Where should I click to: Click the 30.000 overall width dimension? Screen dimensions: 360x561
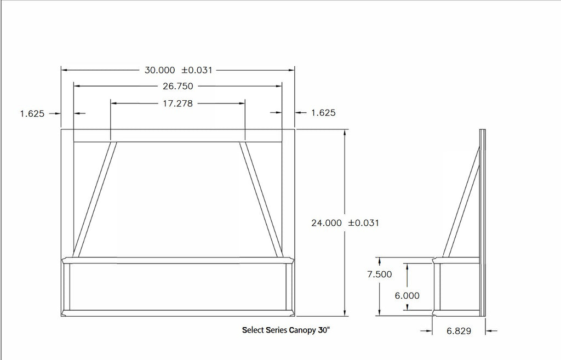pyautogui.click(x=159, y=70)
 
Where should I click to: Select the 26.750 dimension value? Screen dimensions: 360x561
pyautogui.click(x=178, y=86)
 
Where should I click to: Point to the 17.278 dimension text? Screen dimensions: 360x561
pyautogui.click(x=178, y=103)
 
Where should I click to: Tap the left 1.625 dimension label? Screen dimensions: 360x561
pyautogui.click(x=32, y=113)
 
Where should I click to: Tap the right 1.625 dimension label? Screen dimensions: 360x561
pyautogui.click(x=323, y=113)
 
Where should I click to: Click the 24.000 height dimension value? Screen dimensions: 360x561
pyautogui.click(x=327, y=223)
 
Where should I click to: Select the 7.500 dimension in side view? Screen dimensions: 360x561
pyautogui.click(x=380, y=275)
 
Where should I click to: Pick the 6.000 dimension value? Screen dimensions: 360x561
pyautogui.click(x=407, y=295)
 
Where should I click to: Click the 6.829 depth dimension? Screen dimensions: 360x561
pyautogui.click(x=459, y=331)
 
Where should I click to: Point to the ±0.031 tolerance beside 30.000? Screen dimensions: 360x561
pyautogui.click(x=197, y=70)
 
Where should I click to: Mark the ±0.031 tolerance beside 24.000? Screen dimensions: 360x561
pyautogui.click(x=363, y=223)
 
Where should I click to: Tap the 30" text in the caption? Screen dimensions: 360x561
pyautogui.click(x=324, y=330)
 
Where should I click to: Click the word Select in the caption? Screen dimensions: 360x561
pyautogui.click(x=253, y=330)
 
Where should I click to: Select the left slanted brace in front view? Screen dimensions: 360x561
pyautogui.click(x=95, y=200)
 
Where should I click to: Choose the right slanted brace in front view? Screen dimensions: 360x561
pyautogui.click(x=261, y=200)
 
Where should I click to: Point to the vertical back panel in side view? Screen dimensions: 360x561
pyautogui.click(x=483, y=219)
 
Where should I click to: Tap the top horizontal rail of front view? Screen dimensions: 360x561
pyautogui.click(x=178, y=135)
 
